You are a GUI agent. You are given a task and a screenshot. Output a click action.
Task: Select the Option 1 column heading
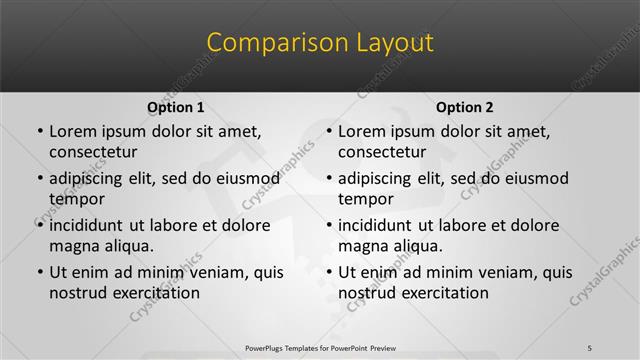pos(175,107)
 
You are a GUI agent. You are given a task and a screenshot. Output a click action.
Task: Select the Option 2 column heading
pos(464,107)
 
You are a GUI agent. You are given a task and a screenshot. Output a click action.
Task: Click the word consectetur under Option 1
pos(93,152)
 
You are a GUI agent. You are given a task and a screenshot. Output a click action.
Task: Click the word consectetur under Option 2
pos(382,152)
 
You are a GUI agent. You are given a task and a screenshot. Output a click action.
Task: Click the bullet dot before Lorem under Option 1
pos(39,132)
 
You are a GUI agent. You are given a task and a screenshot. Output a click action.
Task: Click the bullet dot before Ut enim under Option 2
pos(328,272)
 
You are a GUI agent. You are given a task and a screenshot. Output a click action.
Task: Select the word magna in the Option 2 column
pos(362,245)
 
